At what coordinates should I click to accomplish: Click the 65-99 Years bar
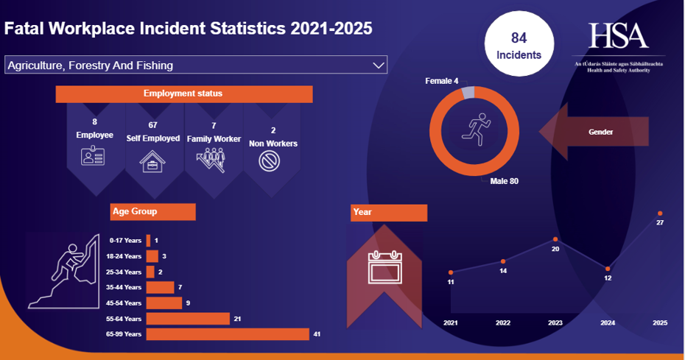point(228,334)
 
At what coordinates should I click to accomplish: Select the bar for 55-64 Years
point(188,319)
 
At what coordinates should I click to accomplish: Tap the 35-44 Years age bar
point(160,287)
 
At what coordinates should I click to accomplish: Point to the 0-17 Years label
point(125,241)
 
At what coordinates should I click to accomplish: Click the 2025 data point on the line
point(660,213)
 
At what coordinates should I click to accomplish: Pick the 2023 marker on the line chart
point(555,239)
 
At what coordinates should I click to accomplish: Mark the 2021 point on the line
point(451,273)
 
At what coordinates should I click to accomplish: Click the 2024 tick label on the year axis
point(608,323)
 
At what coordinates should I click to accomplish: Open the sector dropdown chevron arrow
point(379,66)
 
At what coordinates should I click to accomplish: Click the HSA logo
point(619,36)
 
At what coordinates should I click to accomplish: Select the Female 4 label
point(442,80)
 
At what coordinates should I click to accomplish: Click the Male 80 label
point(505,181)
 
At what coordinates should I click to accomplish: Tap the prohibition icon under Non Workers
point(271,160)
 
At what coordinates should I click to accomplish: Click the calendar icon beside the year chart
point(386,267)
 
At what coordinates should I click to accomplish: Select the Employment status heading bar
point(183,94)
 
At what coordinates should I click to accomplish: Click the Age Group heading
point(152,211)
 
